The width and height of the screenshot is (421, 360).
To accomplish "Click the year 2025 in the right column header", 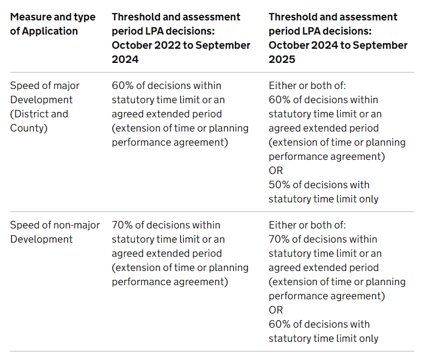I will click(x=282, y=60).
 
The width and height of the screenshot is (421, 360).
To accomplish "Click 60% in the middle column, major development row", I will click(x=122, y=86).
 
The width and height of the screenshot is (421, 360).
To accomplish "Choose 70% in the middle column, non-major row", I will click(x=122, y=225).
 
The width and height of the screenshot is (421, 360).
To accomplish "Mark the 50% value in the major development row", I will click(x=279, y=185).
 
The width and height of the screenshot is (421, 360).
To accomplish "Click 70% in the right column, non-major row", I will click(x=279, y=239).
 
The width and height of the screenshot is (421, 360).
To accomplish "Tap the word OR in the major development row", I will click(x=276, y=171).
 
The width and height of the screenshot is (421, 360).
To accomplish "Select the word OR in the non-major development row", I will click(x=276, y=310).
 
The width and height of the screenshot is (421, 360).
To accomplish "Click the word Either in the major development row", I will click(x=282, y=86).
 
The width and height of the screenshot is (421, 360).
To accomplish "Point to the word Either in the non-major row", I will click(x=282, y=225).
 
